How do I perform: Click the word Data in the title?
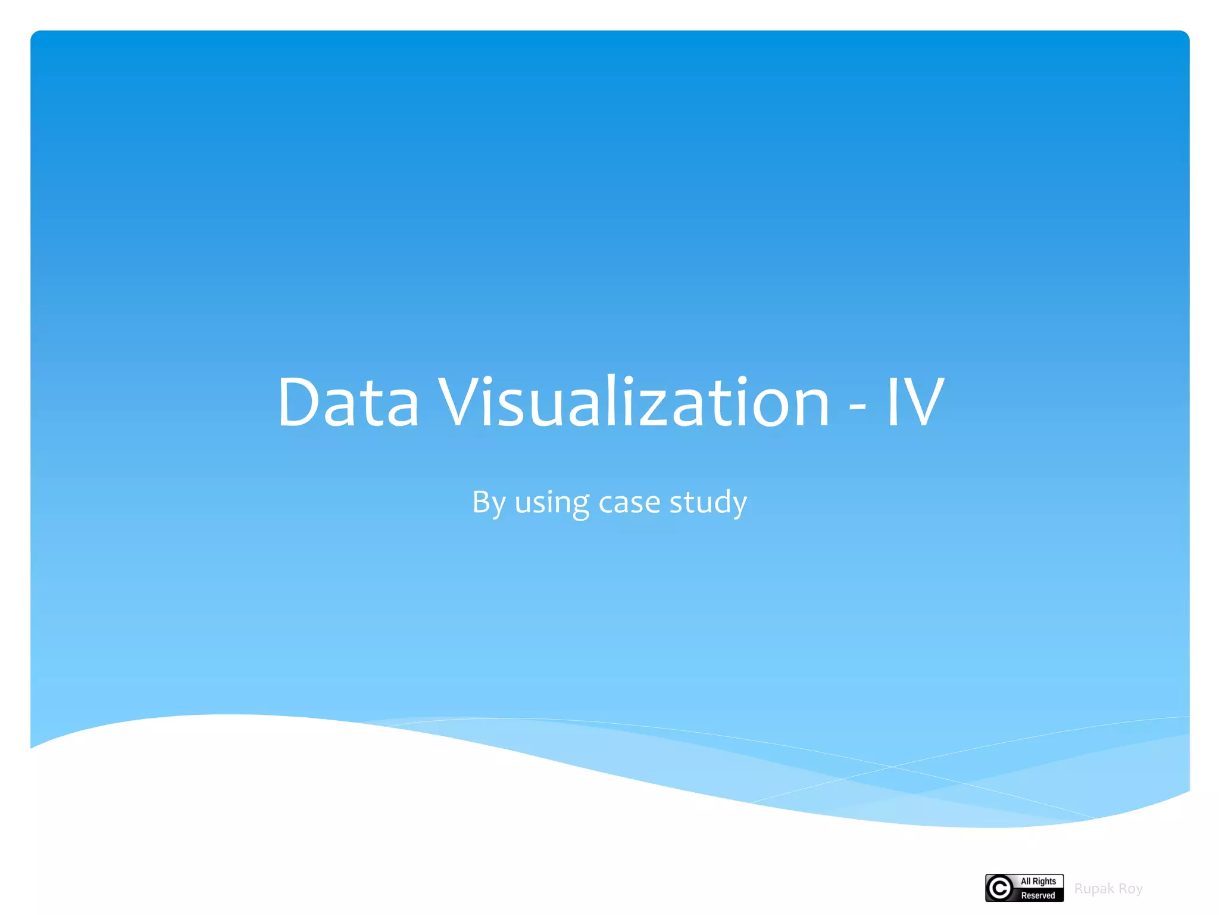348,402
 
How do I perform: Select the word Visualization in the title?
634,402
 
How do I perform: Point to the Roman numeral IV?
915,402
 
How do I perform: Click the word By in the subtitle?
489,502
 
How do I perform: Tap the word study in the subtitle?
708,502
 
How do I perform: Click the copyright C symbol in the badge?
1000,888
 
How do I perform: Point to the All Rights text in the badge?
1038,881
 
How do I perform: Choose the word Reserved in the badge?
1038,895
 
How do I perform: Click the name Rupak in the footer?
1094,889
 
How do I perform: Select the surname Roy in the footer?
1130,889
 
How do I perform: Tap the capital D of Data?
298,402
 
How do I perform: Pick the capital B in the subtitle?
481,502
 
